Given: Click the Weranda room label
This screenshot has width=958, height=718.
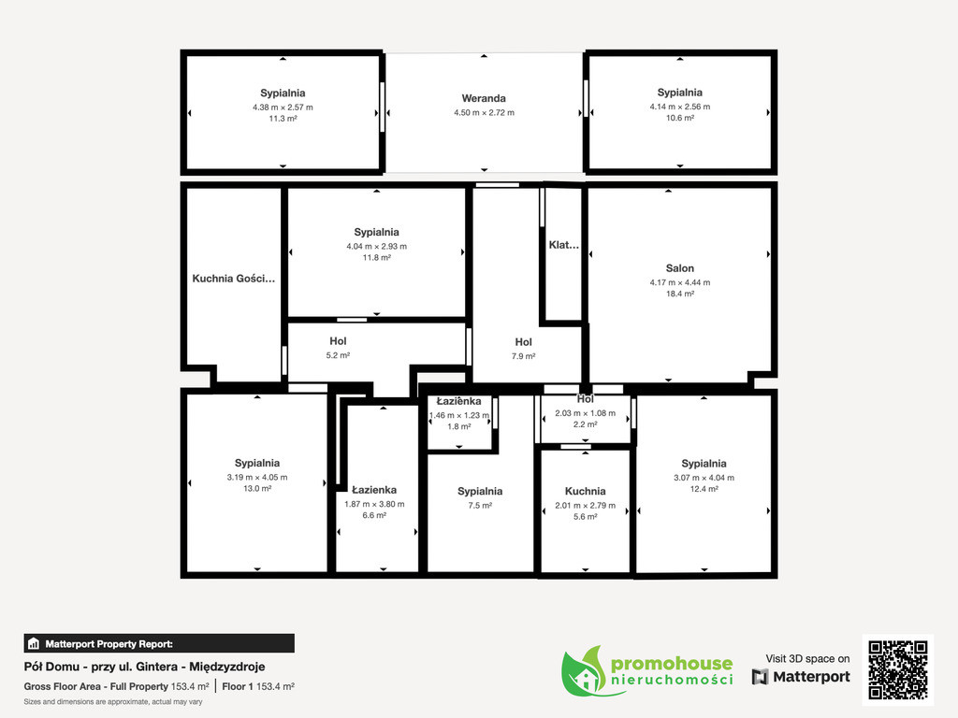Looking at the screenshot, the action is (484, 98).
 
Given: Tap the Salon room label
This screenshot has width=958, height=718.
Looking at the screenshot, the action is (680, 268).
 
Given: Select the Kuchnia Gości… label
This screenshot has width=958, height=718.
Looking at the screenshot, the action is (233, 279).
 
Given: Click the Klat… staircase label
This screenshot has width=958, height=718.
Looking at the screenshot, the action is (563, 245).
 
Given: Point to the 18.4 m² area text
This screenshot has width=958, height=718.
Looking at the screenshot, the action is (680, 294).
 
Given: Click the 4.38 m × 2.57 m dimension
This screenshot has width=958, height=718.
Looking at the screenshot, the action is (283, 108).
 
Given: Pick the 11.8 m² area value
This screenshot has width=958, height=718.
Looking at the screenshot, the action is (376, 258).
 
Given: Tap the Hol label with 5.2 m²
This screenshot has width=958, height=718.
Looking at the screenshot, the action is (338, 341).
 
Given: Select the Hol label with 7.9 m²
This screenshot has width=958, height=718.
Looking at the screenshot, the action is (524, 342).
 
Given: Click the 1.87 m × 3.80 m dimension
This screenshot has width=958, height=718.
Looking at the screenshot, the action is (374, 504).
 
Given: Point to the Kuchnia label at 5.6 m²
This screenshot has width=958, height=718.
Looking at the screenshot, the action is (586, 491).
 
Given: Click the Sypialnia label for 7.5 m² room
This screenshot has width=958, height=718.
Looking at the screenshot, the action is (480, 492).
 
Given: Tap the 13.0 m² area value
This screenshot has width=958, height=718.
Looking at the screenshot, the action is (257, 488).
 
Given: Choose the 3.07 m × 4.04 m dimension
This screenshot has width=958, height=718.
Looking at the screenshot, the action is (704, 478).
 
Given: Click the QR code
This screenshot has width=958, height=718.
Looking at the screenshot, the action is (898, 669).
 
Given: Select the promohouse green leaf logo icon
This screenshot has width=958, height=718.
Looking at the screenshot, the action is (584, 671).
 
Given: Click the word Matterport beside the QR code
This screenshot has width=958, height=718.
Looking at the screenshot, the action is (811, 677).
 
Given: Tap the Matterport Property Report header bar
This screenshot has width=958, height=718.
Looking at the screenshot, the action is (159, 643).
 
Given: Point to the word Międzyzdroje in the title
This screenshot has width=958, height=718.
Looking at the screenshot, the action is (227, 667).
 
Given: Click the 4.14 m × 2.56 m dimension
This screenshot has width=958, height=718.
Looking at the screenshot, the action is (680, 107).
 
